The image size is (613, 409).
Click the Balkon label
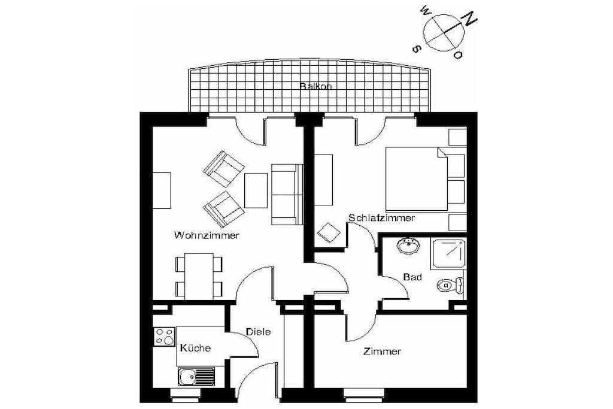click(315, 86)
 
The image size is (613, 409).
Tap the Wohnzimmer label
click(207, 235)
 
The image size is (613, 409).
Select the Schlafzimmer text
click(381, 218)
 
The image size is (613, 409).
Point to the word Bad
click(412, 277)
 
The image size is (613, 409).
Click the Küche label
click(196, 347)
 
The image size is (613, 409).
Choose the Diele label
click(258, 332)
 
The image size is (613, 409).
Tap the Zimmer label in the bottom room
click(382, 352)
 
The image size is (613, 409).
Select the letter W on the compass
click(425, 11)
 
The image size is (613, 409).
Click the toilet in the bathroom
click(450, 286)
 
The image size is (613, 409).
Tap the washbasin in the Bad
click(408, 246)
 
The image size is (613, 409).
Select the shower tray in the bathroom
click(448, 253)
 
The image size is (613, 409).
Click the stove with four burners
click(164, 337)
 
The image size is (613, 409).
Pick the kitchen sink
click(196, 377)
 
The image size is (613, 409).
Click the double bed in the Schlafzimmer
click(417, 179)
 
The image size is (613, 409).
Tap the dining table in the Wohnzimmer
click(199, 276)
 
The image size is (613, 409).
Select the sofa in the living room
click(287, 195)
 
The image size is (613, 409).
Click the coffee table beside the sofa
click(256, 190)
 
